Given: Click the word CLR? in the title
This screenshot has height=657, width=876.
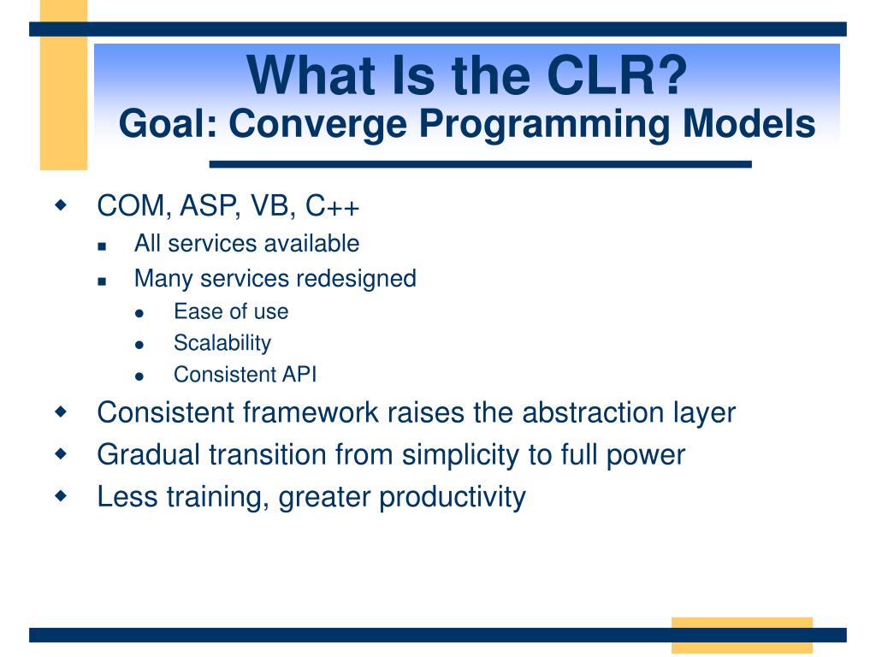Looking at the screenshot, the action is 616,75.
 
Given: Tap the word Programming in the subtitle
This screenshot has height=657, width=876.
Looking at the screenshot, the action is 544,125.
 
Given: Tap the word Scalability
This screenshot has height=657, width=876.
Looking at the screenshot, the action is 222,343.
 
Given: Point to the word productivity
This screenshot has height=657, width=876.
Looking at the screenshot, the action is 452,497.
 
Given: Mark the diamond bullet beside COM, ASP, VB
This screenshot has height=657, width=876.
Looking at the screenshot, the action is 61,204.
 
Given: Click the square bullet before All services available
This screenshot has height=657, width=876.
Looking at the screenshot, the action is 102,246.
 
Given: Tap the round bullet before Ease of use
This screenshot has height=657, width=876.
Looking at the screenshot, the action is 139,314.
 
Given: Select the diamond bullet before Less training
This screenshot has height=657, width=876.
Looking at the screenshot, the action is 61,495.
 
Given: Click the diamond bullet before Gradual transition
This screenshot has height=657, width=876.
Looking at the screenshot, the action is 61,453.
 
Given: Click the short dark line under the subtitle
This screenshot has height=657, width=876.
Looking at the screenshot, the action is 481,164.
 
